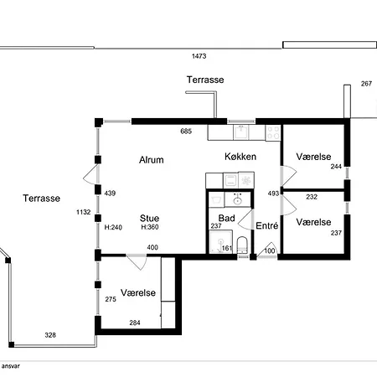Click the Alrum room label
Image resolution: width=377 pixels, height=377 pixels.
point(152,160)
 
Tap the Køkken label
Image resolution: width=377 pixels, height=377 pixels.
point(240,157)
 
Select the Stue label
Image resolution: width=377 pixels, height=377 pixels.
point(149,218)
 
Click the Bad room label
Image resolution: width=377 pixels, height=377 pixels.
point(226,218)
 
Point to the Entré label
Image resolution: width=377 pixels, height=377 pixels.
point(267,225)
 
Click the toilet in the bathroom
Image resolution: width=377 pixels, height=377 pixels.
point(242,245)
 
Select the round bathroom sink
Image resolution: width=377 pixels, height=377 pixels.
point(238,200)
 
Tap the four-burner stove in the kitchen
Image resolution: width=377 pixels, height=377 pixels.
point(273,132)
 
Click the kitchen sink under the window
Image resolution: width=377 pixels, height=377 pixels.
point(241,132)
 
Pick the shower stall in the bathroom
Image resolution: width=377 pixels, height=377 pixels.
point(220,242)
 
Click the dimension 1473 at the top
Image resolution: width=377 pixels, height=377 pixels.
point(199,56)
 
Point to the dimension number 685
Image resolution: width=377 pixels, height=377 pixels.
point(186,131)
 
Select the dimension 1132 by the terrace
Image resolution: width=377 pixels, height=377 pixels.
point(84,212)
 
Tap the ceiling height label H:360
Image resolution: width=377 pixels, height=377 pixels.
point(150,227)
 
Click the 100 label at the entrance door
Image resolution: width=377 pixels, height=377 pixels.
point(270,250)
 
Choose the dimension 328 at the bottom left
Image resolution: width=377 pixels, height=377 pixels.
point(50,335)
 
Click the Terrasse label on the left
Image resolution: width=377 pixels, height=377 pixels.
point(42,199)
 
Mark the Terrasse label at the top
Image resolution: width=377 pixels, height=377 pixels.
point(205,80)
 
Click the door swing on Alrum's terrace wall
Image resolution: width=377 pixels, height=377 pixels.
point(90,174)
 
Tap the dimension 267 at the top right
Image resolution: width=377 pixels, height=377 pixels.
point(366,84)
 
